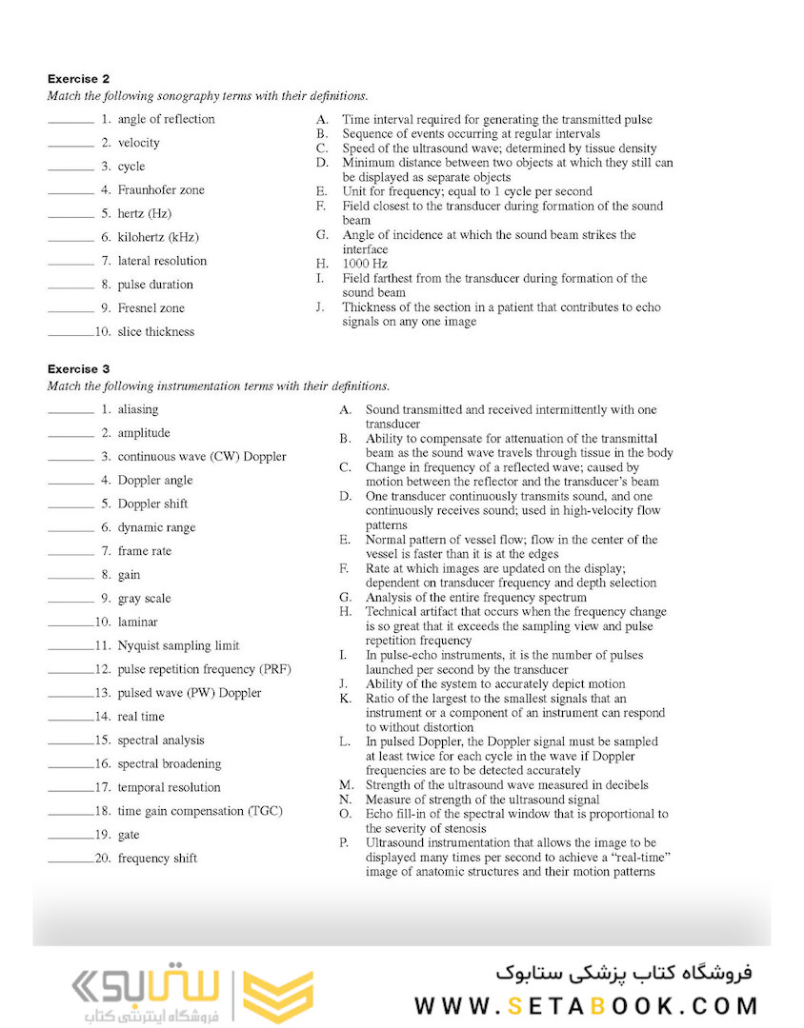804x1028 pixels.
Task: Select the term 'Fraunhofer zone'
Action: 160,190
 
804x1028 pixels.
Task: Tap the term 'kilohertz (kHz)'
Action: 158,237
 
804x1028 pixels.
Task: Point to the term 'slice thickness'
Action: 155,332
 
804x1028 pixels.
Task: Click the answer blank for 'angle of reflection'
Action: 71,121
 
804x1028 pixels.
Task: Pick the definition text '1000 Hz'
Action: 364,264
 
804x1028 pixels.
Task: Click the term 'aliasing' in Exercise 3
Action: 138,409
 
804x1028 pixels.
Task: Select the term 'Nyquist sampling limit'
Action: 178,645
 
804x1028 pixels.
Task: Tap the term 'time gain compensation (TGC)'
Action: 200,811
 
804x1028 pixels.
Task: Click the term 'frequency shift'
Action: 157,859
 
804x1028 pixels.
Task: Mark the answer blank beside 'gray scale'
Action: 71,601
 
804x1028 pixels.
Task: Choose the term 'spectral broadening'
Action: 169,763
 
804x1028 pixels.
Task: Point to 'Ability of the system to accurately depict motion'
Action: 495,683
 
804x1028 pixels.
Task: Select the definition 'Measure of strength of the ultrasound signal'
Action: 483,800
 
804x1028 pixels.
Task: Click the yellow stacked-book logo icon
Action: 277,997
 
